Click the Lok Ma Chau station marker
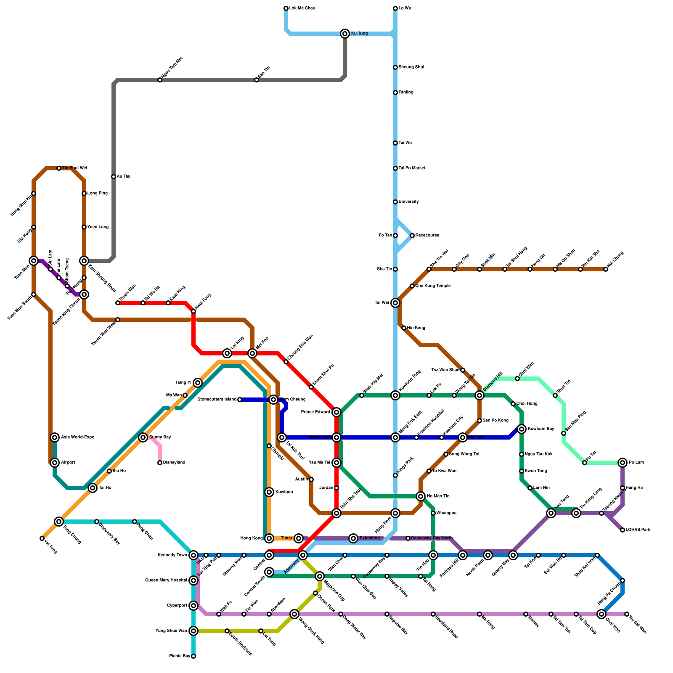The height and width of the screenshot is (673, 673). pyautogui.click(x=286, y=8)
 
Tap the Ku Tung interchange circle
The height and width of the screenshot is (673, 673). pyautogui.click(x=345, y=34)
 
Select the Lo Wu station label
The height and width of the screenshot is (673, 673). pyautogui.click(x=405, y=8)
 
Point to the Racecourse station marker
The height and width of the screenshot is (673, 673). pyautogui.click(x=412, y=236)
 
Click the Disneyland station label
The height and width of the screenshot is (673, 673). pyautogui.click(x=174, y=463)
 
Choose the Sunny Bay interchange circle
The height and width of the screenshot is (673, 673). pyautogui.click(x=143, y=437)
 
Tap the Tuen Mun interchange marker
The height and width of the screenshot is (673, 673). pyautogui.click(x=34, y=261)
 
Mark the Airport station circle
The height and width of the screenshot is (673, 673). pyautogui.click(x=55, y=463)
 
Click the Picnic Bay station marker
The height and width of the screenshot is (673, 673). pyautogui.click(x=193, y=656)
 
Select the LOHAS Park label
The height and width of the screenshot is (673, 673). pyautogui.click(x=638, y=530)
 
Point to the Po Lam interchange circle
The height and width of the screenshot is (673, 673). pyautogui.click(x=623, y=463)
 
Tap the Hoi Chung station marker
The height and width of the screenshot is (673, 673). pyautogui.click(x=606, y=269)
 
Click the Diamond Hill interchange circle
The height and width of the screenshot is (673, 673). pyautogui.click(x=480, y=395)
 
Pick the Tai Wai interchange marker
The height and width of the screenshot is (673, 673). pyautogui.click(x=395, y=303)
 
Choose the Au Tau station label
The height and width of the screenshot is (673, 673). pyautogui.click(x=124, y=177)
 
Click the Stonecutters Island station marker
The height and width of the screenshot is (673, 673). pyautogui.click(x=240, y=400)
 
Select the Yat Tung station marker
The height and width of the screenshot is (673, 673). pyautogui.click(x=42, y=538)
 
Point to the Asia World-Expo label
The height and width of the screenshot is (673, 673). pyautogui.click(x=78, y=437)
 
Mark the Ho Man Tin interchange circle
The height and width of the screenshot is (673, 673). pyautogui.click(x=421, y=496)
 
